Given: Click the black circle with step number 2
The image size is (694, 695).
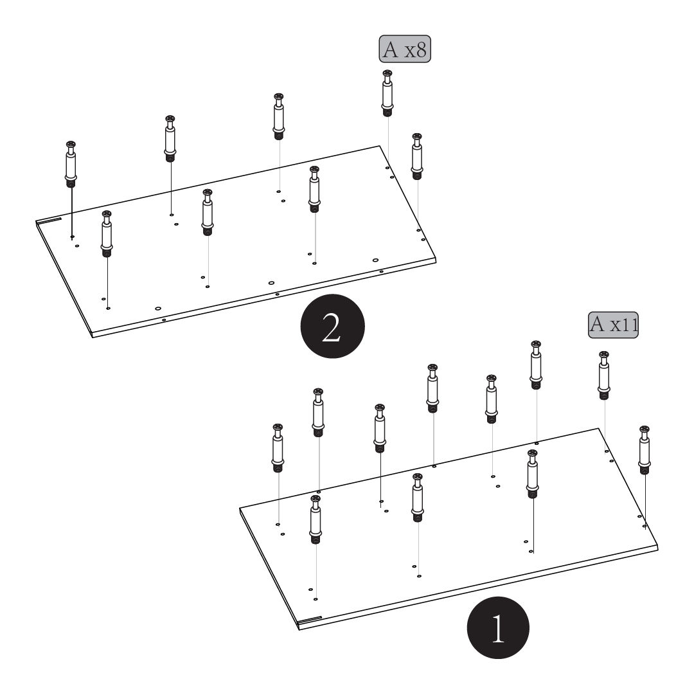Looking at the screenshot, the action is (x=332, y=326).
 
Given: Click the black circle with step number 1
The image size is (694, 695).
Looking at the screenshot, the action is (x=498, y=627).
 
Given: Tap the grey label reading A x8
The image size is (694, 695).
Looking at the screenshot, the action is (x=404, y=49).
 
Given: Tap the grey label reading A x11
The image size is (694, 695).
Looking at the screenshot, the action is (x=614, y=325).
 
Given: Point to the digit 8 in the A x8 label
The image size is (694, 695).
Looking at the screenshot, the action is (x=421, y=50).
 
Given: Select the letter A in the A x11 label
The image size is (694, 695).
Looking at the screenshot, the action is (x=598, y=324).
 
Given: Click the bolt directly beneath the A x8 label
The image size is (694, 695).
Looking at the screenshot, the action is (x=387, y=93).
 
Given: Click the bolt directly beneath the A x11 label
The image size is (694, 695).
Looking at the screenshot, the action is (x=603, y=375).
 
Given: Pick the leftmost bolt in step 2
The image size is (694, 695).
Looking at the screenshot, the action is (x=71, y=164).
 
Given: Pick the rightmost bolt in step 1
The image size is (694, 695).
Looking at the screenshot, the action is (x=645, y=450).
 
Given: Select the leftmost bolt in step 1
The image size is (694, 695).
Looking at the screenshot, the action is (x=278, y=447).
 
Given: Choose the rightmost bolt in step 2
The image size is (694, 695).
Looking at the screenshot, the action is (x=417, y=156).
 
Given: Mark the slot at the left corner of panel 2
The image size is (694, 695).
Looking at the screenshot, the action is (x=49, y=221).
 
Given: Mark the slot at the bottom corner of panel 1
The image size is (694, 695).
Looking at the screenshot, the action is (x=310, y=619).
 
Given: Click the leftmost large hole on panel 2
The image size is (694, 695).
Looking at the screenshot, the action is (x=158, y=309).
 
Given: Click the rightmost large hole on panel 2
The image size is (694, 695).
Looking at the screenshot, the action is (x=375, y=260).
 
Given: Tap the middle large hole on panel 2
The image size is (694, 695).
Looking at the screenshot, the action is (x=271, y=282).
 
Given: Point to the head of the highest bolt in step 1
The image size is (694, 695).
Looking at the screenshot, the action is (x=536, y=345).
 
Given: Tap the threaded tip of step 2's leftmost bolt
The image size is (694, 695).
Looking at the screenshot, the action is (x=71, y=182).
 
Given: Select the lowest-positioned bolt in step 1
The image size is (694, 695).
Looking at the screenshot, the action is (x=316, y=519).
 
